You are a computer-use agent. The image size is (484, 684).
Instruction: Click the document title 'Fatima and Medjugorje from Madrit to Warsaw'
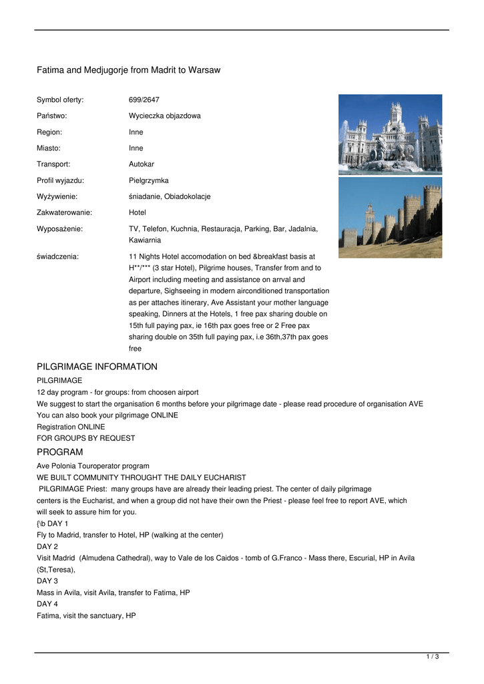pos(128,70)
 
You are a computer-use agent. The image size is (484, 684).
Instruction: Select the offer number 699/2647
pos(144,100)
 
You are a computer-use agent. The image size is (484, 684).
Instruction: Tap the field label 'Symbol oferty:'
pos(60,100)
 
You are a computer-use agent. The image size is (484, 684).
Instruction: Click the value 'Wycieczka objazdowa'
pos(164,116)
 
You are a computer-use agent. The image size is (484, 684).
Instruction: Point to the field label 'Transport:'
pos(53,164)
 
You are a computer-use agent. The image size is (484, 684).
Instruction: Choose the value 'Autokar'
pos(142,164)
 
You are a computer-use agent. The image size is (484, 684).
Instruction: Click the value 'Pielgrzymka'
pos(149,180)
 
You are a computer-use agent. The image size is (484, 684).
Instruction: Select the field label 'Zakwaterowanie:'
pos(64,212)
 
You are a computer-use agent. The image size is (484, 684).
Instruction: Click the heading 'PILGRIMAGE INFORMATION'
pos(97,367)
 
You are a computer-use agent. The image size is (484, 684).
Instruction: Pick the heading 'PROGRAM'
pos(59,452)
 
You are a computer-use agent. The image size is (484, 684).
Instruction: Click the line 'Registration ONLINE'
pos(71,426)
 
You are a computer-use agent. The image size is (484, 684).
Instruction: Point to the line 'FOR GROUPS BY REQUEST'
pos(85,438)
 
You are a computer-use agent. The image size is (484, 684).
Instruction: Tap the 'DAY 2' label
pos(47,546)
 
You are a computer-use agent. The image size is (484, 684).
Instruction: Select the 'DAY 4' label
pos(47,604)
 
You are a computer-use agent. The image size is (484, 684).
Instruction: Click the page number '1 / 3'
pos(433,657)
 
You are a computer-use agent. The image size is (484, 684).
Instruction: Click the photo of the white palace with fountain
pos(390,134)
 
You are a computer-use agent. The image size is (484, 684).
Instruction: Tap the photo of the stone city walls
pos(390,217)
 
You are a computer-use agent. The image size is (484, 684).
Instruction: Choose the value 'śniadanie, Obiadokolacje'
pos(170,196)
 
